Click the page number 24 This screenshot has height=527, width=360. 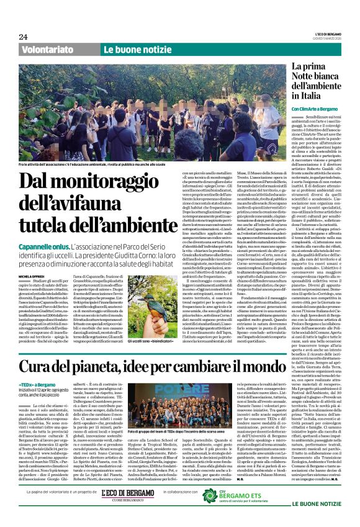click(23, 37)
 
